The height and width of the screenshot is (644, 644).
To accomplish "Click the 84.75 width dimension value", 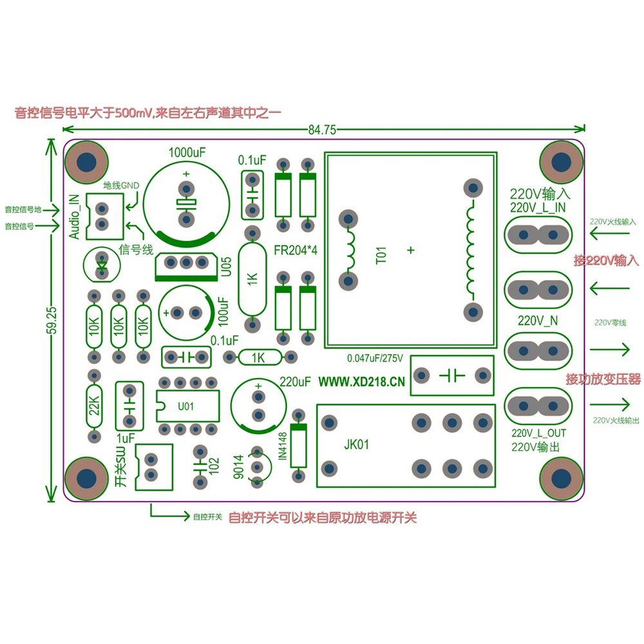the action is point(323,130).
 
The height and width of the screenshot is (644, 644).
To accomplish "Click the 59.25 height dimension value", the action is point(52,321).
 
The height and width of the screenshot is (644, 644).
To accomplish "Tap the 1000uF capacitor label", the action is point(187,153).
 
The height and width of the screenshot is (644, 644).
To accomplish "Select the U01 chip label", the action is point(185,406).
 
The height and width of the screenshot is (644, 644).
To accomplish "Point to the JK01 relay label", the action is point(357,444).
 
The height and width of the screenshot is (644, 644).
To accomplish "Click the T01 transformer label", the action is point(381,256).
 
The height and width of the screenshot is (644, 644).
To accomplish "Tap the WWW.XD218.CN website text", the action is point(361,382).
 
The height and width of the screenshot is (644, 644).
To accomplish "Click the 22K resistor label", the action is point(95,406).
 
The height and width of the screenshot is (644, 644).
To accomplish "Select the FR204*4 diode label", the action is point(296,250).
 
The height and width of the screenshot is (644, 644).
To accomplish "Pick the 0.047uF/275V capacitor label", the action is point(375,359).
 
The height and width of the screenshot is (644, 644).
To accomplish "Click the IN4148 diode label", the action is point(283,446).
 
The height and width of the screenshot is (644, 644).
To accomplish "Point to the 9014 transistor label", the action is point(239,467).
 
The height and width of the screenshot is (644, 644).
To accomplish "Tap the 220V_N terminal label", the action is point(538,321).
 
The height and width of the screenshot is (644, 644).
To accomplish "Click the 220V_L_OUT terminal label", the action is point(539,433).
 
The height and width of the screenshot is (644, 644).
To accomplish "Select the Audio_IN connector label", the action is point(74,217).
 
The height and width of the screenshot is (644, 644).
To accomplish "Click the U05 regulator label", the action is point(226,267).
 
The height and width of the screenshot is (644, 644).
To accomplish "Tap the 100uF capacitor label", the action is point(223,312).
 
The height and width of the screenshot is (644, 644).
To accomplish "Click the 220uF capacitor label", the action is point(296,382).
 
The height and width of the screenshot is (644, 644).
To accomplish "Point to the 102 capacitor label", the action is point(214,466).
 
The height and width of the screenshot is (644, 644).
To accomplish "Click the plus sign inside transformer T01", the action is point(411,250).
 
